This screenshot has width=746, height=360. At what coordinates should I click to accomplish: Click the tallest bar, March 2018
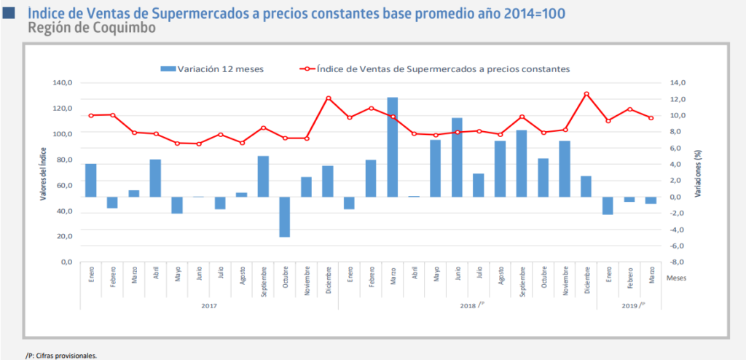point(392,146)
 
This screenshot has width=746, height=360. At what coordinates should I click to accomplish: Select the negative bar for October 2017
point(285,216)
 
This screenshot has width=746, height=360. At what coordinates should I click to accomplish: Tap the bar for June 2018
point(457,157)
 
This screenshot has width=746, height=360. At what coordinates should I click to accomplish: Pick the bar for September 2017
point(263,176)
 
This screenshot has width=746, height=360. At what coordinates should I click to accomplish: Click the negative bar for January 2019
point(608,206)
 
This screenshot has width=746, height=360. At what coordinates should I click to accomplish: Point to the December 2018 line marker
point(586,94)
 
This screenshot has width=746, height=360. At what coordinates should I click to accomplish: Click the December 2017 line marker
point(328,98)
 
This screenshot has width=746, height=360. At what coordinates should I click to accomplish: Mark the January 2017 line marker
point(91,115)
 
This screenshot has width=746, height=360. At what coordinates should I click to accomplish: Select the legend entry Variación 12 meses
point(212,69)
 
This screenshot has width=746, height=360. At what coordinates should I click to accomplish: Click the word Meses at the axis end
point(676,278)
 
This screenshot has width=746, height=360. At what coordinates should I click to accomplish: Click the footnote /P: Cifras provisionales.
point(61,356)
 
